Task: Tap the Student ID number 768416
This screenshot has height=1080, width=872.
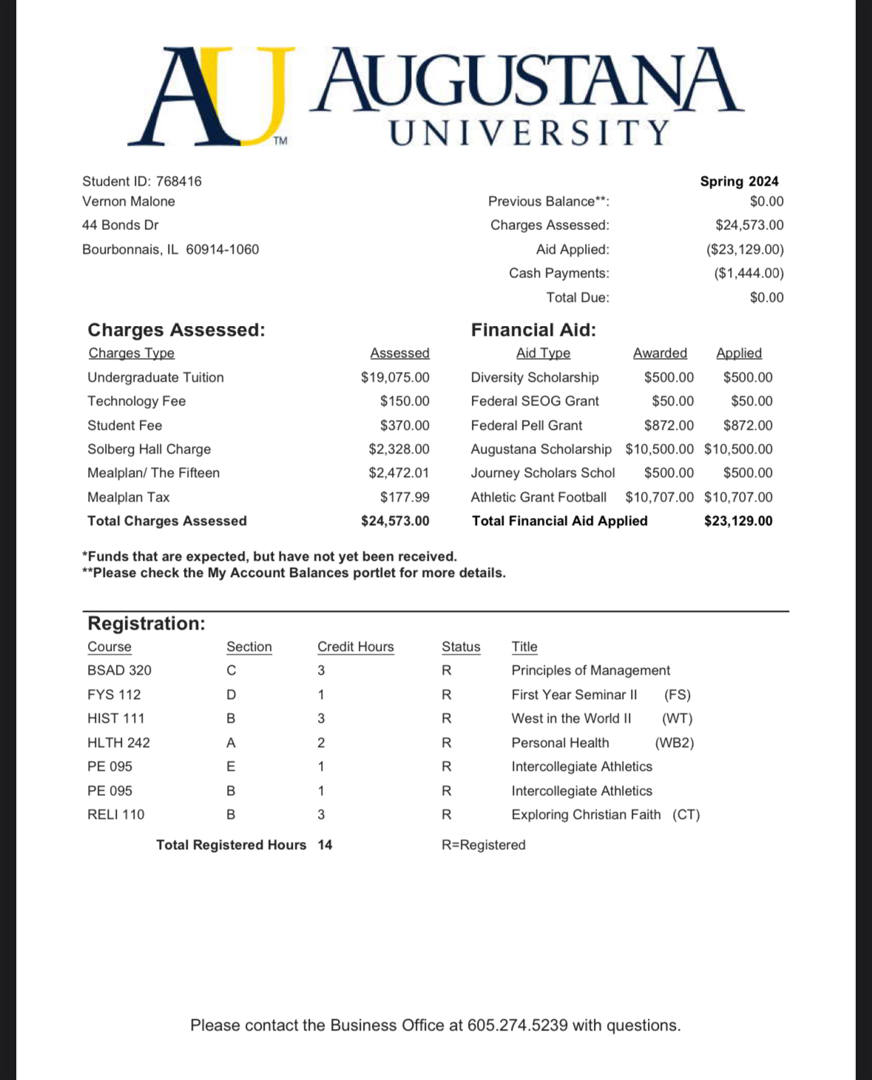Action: click(179, 181)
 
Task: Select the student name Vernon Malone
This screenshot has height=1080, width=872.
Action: click(129, 201)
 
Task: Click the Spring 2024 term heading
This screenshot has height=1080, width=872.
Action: click(739, 181)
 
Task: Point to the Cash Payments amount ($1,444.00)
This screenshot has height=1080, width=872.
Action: click(748, 273)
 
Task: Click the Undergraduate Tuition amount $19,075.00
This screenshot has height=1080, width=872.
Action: click(395, 377)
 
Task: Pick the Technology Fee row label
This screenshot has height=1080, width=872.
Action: click(137, 401)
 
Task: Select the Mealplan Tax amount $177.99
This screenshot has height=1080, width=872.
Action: click(405, 497)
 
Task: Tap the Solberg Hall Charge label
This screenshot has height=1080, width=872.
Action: click(149, 449)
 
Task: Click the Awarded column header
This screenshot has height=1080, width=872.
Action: click(660, 354)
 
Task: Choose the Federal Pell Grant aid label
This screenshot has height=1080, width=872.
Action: click(527, 425)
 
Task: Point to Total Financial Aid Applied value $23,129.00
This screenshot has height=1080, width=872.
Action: click(738, 521)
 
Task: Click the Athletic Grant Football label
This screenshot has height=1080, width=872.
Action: click(538, 497)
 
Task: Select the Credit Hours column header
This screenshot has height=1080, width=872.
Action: click(356, 647)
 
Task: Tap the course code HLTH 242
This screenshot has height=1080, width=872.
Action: click(118, 743)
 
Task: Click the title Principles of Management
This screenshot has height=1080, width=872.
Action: click(591, 670)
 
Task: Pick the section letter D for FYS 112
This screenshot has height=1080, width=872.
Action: click(231, 695)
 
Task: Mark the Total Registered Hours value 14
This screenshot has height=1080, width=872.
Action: click(325, 845)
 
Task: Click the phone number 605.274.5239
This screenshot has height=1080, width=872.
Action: click(518, 1025)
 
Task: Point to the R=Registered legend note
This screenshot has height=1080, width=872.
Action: click(484, 845)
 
